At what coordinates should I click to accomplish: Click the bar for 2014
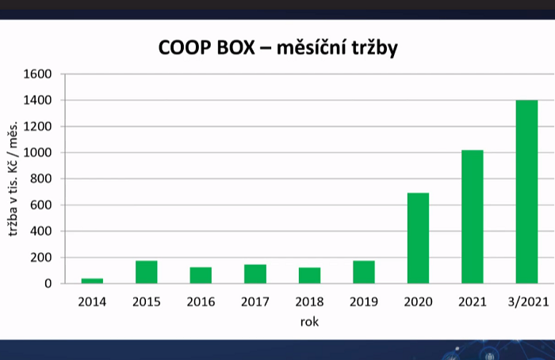click(x=92, y=281)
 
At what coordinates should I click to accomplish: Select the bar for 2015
click(x=147, y=272)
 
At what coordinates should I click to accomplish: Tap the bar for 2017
click(x=255, y=274)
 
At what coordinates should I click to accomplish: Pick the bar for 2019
click(x=364, y=272)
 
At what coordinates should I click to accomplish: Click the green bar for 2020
click(x=418, y=238)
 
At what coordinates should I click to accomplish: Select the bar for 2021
click(x=473, y=216)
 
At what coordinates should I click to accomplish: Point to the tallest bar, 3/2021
click(x=526, y=192)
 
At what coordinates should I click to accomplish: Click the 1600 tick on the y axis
click(x=38, y=75)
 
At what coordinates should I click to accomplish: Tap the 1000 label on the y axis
click(x=38, y=153)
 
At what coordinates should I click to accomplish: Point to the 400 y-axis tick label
click(x=41, y=232)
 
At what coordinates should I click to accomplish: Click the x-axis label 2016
click(x=201, y=302)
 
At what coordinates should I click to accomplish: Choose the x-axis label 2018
click(x=309, y=302)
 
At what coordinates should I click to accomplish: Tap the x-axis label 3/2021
click(x=526, y=302)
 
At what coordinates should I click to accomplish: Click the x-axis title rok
click(x=309, y=322)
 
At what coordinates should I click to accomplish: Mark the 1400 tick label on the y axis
click(x=38, y=101)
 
